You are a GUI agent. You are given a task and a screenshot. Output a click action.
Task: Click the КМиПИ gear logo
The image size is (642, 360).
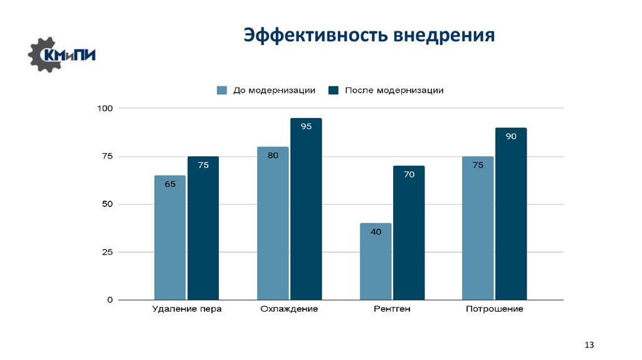(x=61, y=55)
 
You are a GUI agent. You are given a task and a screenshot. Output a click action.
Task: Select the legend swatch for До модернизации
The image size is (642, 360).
(x=221, y=90)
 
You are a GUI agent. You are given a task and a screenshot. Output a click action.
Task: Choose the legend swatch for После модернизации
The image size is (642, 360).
(x=333, y=90)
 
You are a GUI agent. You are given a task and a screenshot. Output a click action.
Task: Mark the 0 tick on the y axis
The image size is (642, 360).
(x=110, y=300)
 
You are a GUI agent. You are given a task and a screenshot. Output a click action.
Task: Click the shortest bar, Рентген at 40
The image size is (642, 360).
(x=376, y=262)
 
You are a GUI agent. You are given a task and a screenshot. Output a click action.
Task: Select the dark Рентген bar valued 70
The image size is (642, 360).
(x=409, y=233)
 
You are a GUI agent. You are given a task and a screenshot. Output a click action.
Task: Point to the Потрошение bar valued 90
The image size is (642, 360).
(x=511, y=214)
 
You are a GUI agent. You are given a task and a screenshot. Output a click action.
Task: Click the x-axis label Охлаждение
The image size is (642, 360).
(x=289, y=309)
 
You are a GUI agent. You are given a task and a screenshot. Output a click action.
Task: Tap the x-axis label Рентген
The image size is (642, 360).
(x=392, y=309)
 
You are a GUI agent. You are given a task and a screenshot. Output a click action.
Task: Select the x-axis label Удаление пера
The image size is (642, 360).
(x=187, y=309)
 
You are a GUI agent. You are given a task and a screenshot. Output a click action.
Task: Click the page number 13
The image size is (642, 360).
(x=589, y=346)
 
